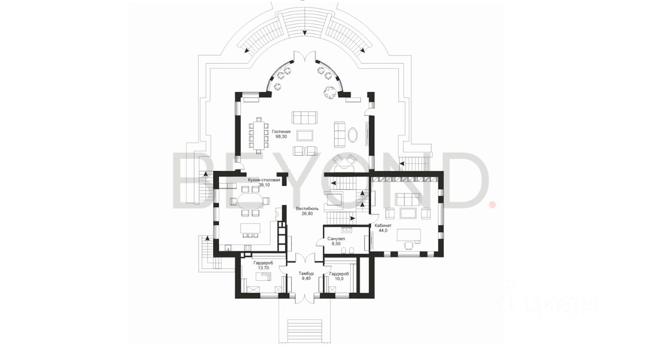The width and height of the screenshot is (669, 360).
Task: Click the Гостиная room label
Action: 281,132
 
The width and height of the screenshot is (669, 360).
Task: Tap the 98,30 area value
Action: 281,136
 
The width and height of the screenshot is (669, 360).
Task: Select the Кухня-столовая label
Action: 264,180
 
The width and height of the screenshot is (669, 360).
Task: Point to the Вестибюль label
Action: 307,208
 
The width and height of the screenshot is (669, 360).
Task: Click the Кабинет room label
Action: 383,226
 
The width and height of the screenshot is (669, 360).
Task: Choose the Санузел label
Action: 336,239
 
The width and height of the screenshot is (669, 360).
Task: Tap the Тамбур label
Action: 306,273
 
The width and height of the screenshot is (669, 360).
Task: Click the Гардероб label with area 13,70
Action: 263,263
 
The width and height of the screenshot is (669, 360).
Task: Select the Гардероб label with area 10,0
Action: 339,274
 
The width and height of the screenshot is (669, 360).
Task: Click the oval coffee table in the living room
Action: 353,135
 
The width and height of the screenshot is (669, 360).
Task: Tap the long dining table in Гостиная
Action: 259,135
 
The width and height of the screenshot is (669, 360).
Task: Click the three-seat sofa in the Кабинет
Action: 408,199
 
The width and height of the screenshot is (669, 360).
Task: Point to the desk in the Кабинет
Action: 409,235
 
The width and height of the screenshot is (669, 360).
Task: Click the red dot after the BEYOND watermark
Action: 492,205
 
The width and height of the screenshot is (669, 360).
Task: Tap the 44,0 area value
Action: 383,230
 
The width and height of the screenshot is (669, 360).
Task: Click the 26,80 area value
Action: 307,213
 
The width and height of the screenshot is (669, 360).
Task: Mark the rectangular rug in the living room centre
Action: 305,135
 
